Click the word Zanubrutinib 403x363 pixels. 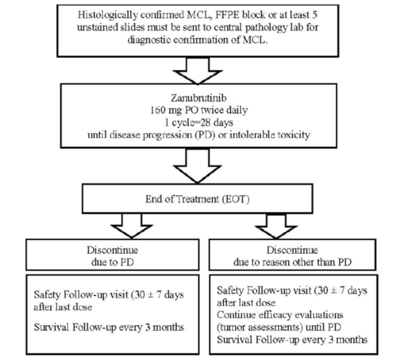pos(198,98)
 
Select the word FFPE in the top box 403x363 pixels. pos(227,15)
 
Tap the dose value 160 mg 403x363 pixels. pos(166,110)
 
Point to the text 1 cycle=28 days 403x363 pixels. pos(199,123)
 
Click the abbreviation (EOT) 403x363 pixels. pos(235,199)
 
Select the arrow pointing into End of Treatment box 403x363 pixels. pos(197,166)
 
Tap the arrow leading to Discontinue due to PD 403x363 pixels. pos(132,226)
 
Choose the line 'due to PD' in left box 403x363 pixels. pos(112,262)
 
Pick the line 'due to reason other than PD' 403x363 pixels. pos(292,262)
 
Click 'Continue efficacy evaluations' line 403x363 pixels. pos(280,315)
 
